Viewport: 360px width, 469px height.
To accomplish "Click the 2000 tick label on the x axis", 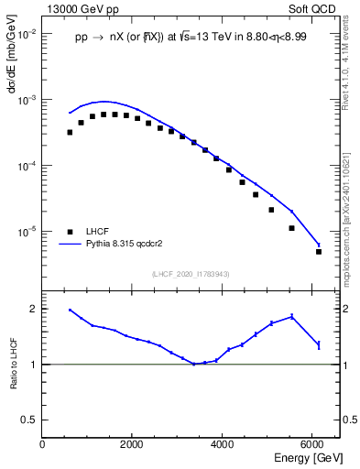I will point(132,444).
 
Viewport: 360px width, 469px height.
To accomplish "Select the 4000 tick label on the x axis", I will point(222,444).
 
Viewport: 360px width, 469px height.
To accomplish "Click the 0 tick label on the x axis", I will point(43,444).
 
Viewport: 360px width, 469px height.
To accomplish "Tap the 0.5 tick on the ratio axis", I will point(29,420).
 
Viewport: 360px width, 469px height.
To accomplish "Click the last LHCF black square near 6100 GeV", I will point(319,251).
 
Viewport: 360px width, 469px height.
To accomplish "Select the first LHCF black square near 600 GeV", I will point(70,132).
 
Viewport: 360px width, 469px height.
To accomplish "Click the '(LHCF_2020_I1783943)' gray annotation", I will point(191,274).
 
